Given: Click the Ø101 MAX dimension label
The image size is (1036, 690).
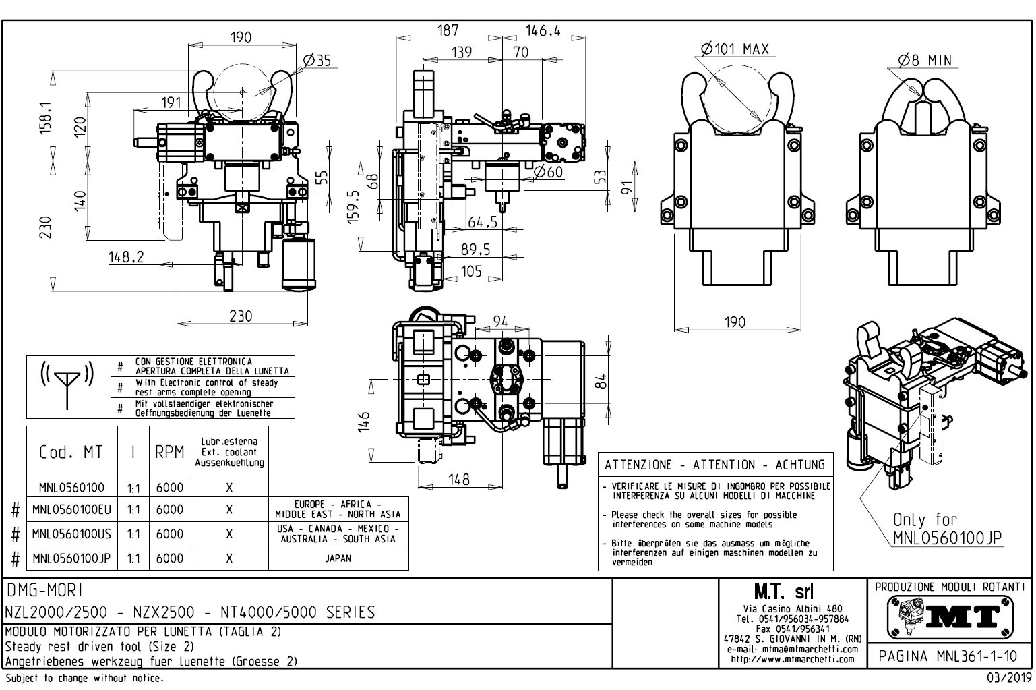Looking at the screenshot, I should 734,49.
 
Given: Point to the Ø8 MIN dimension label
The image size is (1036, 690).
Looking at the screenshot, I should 925,61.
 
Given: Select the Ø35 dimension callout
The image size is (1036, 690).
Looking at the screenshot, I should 317,61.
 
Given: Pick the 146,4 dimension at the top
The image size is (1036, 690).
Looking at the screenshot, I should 543,30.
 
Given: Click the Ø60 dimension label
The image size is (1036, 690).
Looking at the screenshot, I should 547,172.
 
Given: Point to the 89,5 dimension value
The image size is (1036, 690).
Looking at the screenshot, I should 475,250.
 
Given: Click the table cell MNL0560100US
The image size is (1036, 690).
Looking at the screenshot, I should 71,534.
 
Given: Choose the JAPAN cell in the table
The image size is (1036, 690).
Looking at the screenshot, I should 338,558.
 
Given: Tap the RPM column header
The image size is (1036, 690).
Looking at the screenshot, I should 169,453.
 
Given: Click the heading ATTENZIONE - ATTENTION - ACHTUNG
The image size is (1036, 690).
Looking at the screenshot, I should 714,465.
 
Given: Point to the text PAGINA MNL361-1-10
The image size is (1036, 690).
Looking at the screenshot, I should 950,656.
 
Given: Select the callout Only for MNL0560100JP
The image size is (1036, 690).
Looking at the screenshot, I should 947,529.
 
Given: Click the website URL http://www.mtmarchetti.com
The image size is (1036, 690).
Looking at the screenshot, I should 793,659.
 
